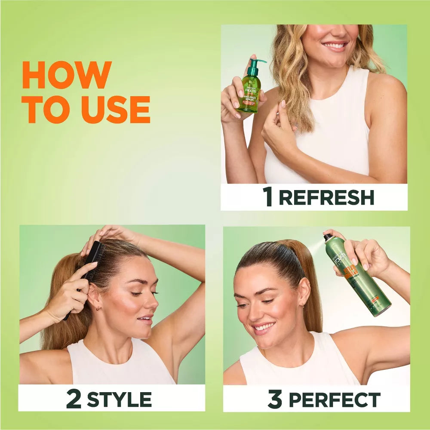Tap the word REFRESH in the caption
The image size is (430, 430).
pyautogui.click(x=326, y=197)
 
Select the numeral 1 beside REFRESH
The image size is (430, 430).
pyautogui.click(x=268, y=197)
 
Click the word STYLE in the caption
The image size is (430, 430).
pyautogui.click(x=119, y=399)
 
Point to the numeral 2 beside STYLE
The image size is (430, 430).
pyautogui.click(x=74, y=399)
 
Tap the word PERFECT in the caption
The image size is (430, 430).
pyautogui.click(x=334, y=399)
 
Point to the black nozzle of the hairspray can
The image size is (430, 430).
pyautogui.click(x=328, y=237)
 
